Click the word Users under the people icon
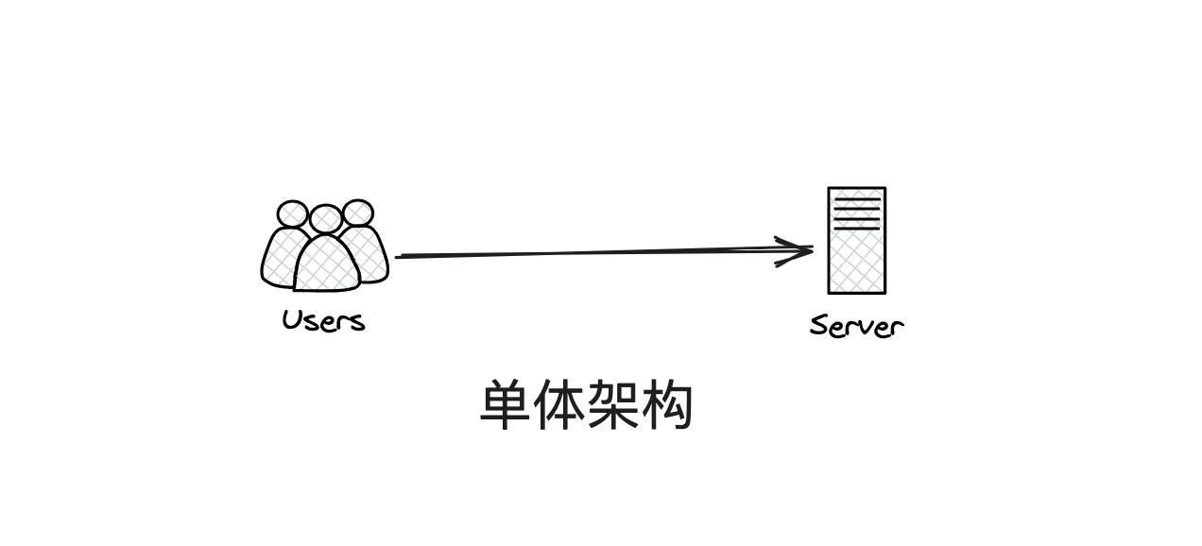tap(323, 320)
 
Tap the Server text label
tap(856, 326)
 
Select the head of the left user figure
tap(292, 214)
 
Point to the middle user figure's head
tap(325, 219)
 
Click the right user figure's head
tap(357, 213)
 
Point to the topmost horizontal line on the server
tap(856, 198)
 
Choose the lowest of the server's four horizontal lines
tap(856, 228)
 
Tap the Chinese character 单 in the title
tap(507, 406)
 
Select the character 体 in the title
tap(560, 406)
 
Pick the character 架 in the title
tap(614, 406)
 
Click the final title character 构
tap(668, 406)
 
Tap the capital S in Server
tap(818, 326)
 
